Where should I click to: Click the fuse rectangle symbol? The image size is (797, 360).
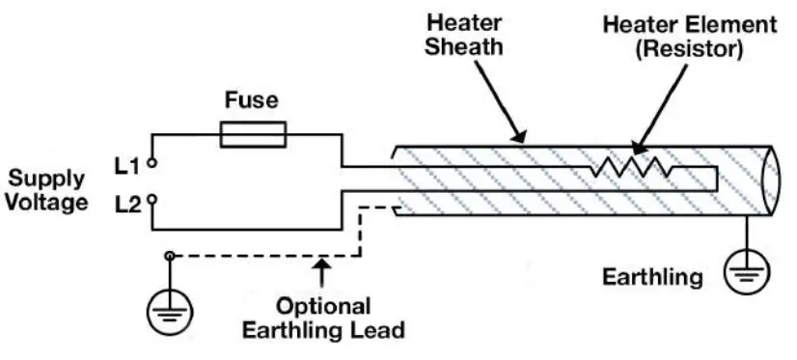253,135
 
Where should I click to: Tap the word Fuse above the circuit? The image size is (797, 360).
252,99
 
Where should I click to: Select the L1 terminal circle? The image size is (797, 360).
151,165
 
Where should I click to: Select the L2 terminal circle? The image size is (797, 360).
151,203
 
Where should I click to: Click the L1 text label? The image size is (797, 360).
128,166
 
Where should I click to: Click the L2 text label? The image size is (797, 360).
128,203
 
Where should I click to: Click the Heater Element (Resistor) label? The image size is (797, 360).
689,35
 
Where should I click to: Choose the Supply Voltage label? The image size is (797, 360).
47,190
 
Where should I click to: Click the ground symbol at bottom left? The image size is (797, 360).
169,311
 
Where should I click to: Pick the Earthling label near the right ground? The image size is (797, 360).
652,278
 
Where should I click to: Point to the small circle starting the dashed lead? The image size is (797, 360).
171,256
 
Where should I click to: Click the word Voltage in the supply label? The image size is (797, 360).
47,203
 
